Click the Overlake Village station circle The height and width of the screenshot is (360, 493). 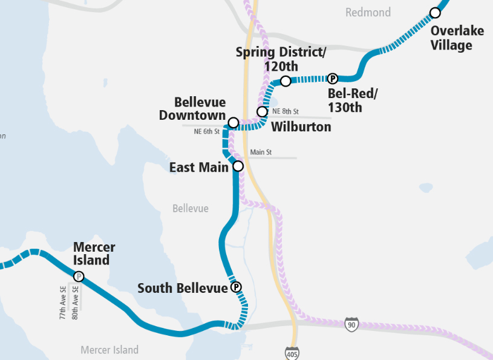434,13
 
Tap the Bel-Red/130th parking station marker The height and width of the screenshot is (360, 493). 332,78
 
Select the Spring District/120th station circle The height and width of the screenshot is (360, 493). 286,81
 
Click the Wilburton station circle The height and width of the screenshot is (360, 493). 262,112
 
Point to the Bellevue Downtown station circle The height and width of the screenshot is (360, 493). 233,123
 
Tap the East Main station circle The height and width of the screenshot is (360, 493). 238,166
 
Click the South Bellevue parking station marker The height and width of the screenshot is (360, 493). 236,287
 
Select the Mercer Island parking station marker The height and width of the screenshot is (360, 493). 79,277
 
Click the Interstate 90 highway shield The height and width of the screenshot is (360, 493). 351,324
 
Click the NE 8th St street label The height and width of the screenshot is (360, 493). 286,111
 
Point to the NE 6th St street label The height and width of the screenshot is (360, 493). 206,131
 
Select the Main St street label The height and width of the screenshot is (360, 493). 261,152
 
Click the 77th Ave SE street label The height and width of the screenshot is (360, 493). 63,303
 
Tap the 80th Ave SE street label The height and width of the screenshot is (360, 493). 75,303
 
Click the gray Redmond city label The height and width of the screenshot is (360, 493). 368,13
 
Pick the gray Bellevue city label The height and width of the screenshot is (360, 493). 190,209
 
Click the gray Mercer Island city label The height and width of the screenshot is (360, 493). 109,350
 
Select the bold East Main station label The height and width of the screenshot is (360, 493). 199,167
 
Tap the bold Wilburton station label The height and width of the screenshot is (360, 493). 301,127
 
